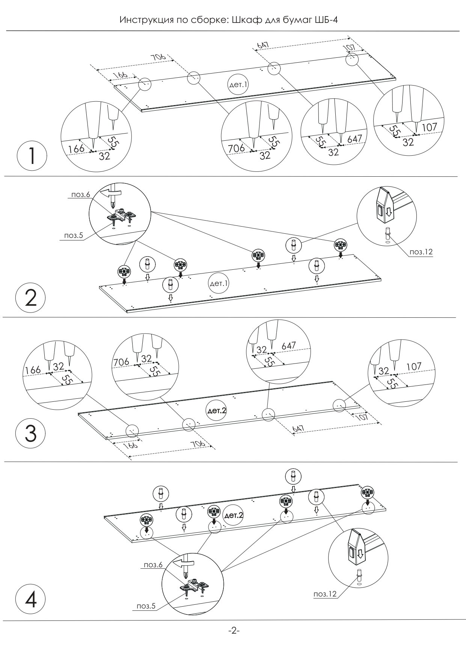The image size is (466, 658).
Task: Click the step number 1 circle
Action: click(x=32, y=156)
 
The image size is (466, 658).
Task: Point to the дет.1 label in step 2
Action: click(x=219, y=284)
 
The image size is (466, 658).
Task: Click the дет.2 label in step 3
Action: click(x=217, y=410)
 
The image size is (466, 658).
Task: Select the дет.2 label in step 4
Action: click(x=233, y=515)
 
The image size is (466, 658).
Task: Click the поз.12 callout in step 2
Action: click(x=421, y=252)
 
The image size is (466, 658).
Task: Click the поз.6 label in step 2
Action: click(x=80, y=195)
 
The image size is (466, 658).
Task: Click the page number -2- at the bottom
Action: click(x=234, y=631)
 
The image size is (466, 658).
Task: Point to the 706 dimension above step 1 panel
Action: click(x=158, y=58)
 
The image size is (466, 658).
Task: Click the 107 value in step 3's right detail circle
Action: click(x=414, y=366)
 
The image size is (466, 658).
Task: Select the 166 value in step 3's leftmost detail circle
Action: click(x=33, y=370)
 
